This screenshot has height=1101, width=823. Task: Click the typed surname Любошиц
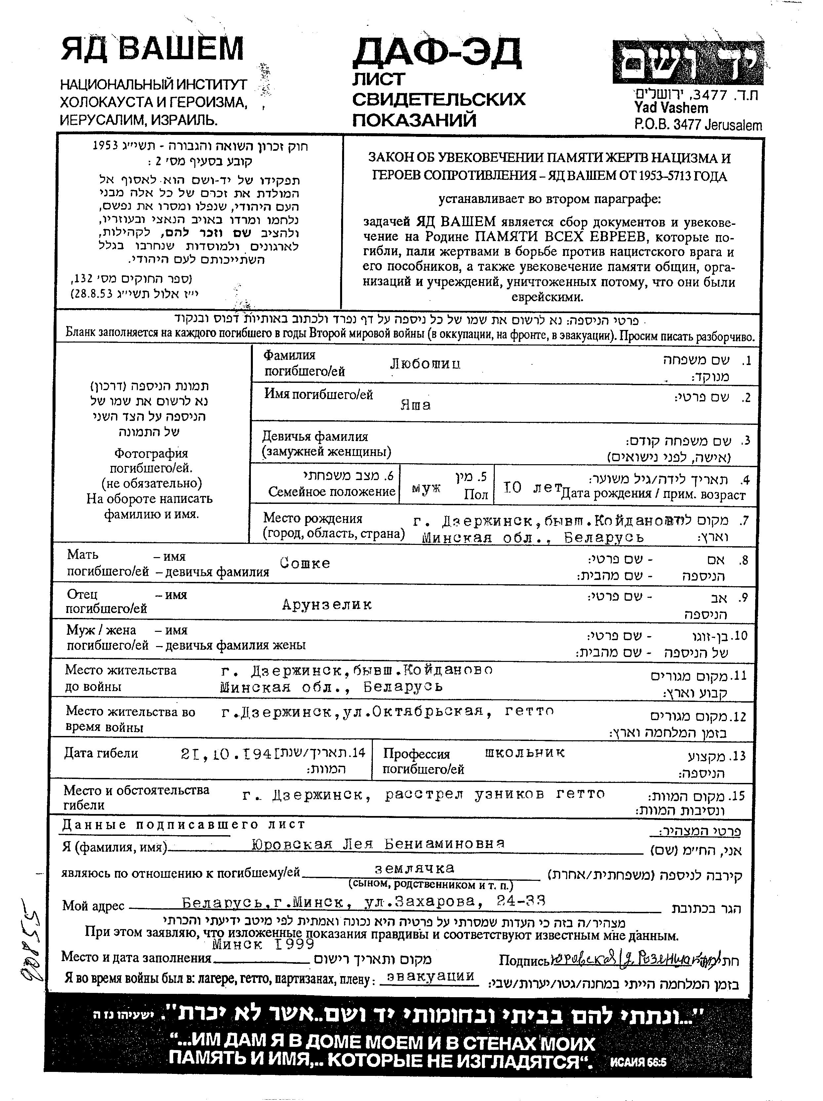425,364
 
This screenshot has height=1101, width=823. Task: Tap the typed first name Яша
415,405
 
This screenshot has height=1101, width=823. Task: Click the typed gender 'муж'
426,488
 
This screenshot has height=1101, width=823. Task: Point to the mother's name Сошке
304,563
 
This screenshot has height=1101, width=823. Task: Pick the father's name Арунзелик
327,604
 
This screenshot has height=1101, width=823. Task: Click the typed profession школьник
525,753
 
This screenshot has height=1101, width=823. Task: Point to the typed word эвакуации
430,976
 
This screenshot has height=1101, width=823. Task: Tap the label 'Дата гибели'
101,754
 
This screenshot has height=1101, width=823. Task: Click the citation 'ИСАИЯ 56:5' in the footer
638,1063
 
